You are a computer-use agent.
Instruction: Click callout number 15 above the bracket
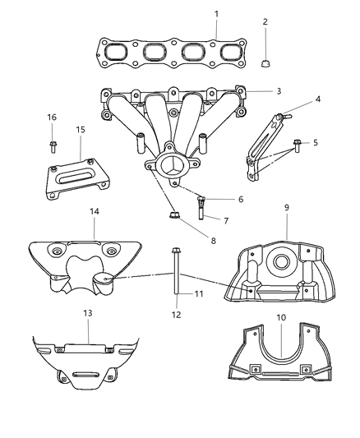[80, 130]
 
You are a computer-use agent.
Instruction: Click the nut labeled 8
[174, 216]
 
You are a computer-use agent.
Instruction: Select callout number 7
[216, 220]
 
